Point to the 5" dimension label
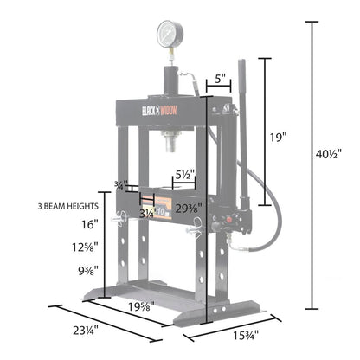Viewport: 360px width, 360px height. pos(222,79)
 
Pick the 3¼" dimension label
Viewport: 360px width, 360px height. pos(149,213)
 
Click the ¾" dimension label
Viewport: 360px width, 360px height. pos(119,184)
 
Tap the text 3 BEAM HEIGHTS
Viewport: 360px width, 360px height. pos(67,207)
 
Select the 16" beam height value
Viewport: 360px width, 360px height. pos(90,223)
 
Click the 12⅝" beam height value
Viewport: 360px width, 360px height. pos(87,247)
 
